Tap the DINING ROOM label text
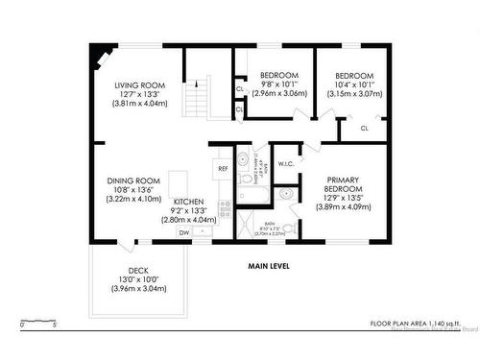pos(132,180)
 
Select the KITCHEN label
pos(189,202)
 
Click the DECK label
pos(137,270)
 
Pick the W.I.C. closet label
pos(286,163)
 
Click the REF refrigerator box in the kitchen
pos(223,169)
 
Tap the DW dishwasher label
pos(182,232)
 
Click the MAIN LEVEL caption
pos(268,266)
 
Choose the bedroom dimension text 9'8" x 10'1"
pos(279,84)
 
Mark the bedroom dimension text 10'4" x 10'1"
pos(353,84)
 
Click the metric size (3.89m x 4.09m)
pos(343,207)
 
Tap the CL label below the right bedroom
pos(365,128)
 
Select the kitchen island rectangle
pos(179,182)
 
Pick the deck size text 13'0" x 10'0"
pos(137,279)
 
